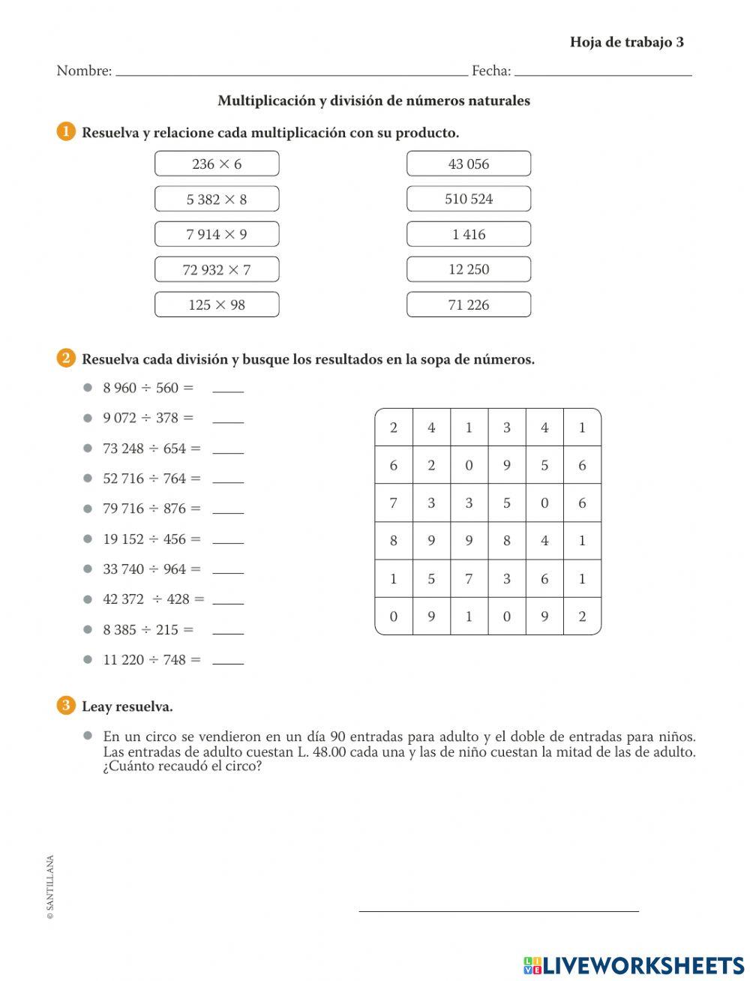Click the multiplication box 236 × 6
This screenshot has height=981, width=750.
(x=217, y=163)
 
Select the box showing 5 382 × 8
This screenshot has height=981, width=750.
(x=217, y=199)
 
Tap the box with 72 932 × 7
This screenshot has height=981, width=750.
(x=217, y=269)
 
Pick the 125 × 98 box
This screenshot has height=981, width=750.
(x=217, y=304)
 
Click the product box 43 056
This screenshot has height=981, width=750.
(x=469, y=163)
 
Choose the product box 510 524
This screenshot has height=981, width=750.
(x=469, y=199)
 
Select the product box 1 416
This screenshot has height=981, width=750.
(x=469, y=234)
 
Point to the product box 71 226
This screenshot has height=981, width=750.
(x=469, y=304)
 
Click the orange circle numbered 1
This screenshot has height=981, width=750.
(x=66, y=132)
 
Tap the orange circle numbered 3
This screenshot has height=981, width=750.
(x=66, y=706)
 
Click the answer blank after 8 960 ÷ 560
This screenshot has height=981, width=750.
(x=228, y=389)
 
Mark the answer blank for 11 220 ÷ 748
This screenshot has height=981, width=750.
(x=228, y=661)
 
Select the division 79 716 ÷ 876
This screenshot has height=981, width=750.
(x=151, y=508)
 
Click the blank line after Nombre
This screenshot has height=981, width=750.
(x=292, y=73)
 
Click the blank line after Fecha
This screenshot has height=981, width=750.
(x=603, y=73)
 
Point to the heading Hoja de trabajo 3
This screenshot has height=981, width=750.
(x=626, y=42)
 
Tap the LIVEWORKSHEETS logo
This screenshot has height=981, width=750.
(x=633, y=964)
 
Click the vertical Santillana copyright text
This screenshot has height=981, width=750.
(x=50, y=887)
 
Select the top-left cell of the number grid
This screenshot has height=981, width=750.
(x=394, y=427)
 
